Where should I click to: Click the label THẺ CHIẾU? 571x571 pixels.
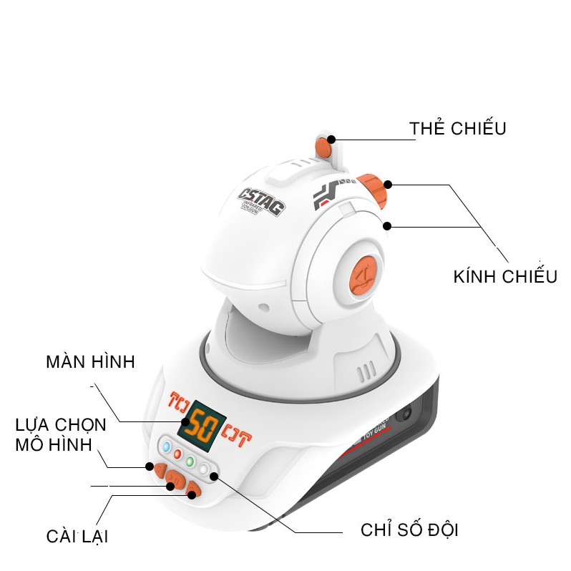458,129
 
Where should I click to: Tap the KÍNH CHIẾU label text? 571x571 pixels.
505,276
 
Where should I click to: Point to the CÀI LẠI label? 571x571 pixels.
77,536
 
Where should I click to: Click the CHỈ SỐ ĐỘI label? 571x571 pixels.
409,530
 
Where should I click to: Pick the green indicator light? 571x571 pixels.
190,462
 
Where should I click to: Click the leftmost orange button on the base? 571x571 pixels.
152,467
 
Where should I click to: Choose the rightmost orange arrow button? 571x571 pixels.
192,492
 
